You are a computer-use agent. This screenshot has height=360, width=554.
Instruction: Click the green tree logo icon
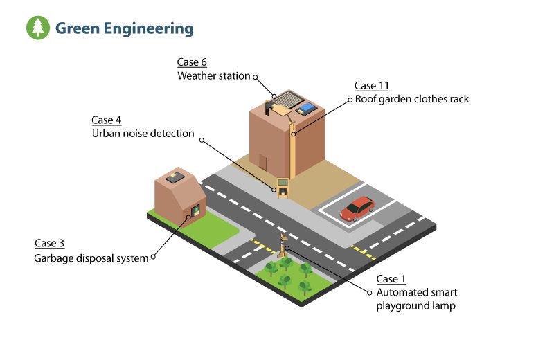[38, 28]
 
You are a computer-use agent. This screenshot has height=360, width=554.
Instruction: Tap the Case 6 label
[192, 62]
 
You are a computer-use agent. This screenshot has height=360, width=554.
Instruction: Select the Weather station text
[213, 75]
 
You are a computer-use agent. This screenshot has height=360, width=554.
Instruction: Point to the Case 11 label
[372, 86]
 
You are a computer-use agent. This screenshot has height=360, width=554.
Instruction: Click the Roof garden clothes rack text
[412, 99]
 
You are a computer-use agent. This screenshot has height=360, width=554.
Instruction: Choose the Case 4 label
[107, 120]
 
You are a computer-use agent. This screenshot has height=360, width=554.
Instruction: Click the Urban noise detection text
[143, 133]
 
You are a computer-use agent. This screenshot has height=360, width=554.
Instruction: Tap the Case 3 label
[50, 244]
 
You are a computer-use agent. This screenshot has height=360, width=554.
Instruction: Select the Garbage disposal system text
[91, 258]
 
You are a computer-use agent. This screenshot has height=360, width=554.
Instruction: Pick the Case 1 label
[391, 279]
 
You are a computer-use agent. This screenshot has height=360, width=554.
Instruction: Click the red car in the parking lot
[357, 208]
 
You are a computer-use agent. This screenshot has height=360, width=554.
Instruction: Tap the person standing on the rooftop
[267, 107]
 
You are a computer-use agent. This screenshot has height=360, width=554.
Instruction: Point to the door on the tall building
[263, 162]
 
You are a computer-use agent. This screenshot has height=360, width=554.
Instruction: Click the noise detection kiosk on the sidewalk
[283, 187]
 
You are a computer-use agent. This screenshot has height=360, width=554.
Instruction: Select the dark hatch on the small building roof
[175, 177]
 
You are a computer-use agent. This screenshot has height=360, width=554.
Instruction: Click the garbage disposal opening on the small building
[195, 210]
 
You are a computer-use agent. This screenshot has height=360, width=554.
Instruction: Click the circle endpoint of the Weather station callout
[256, 77]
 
